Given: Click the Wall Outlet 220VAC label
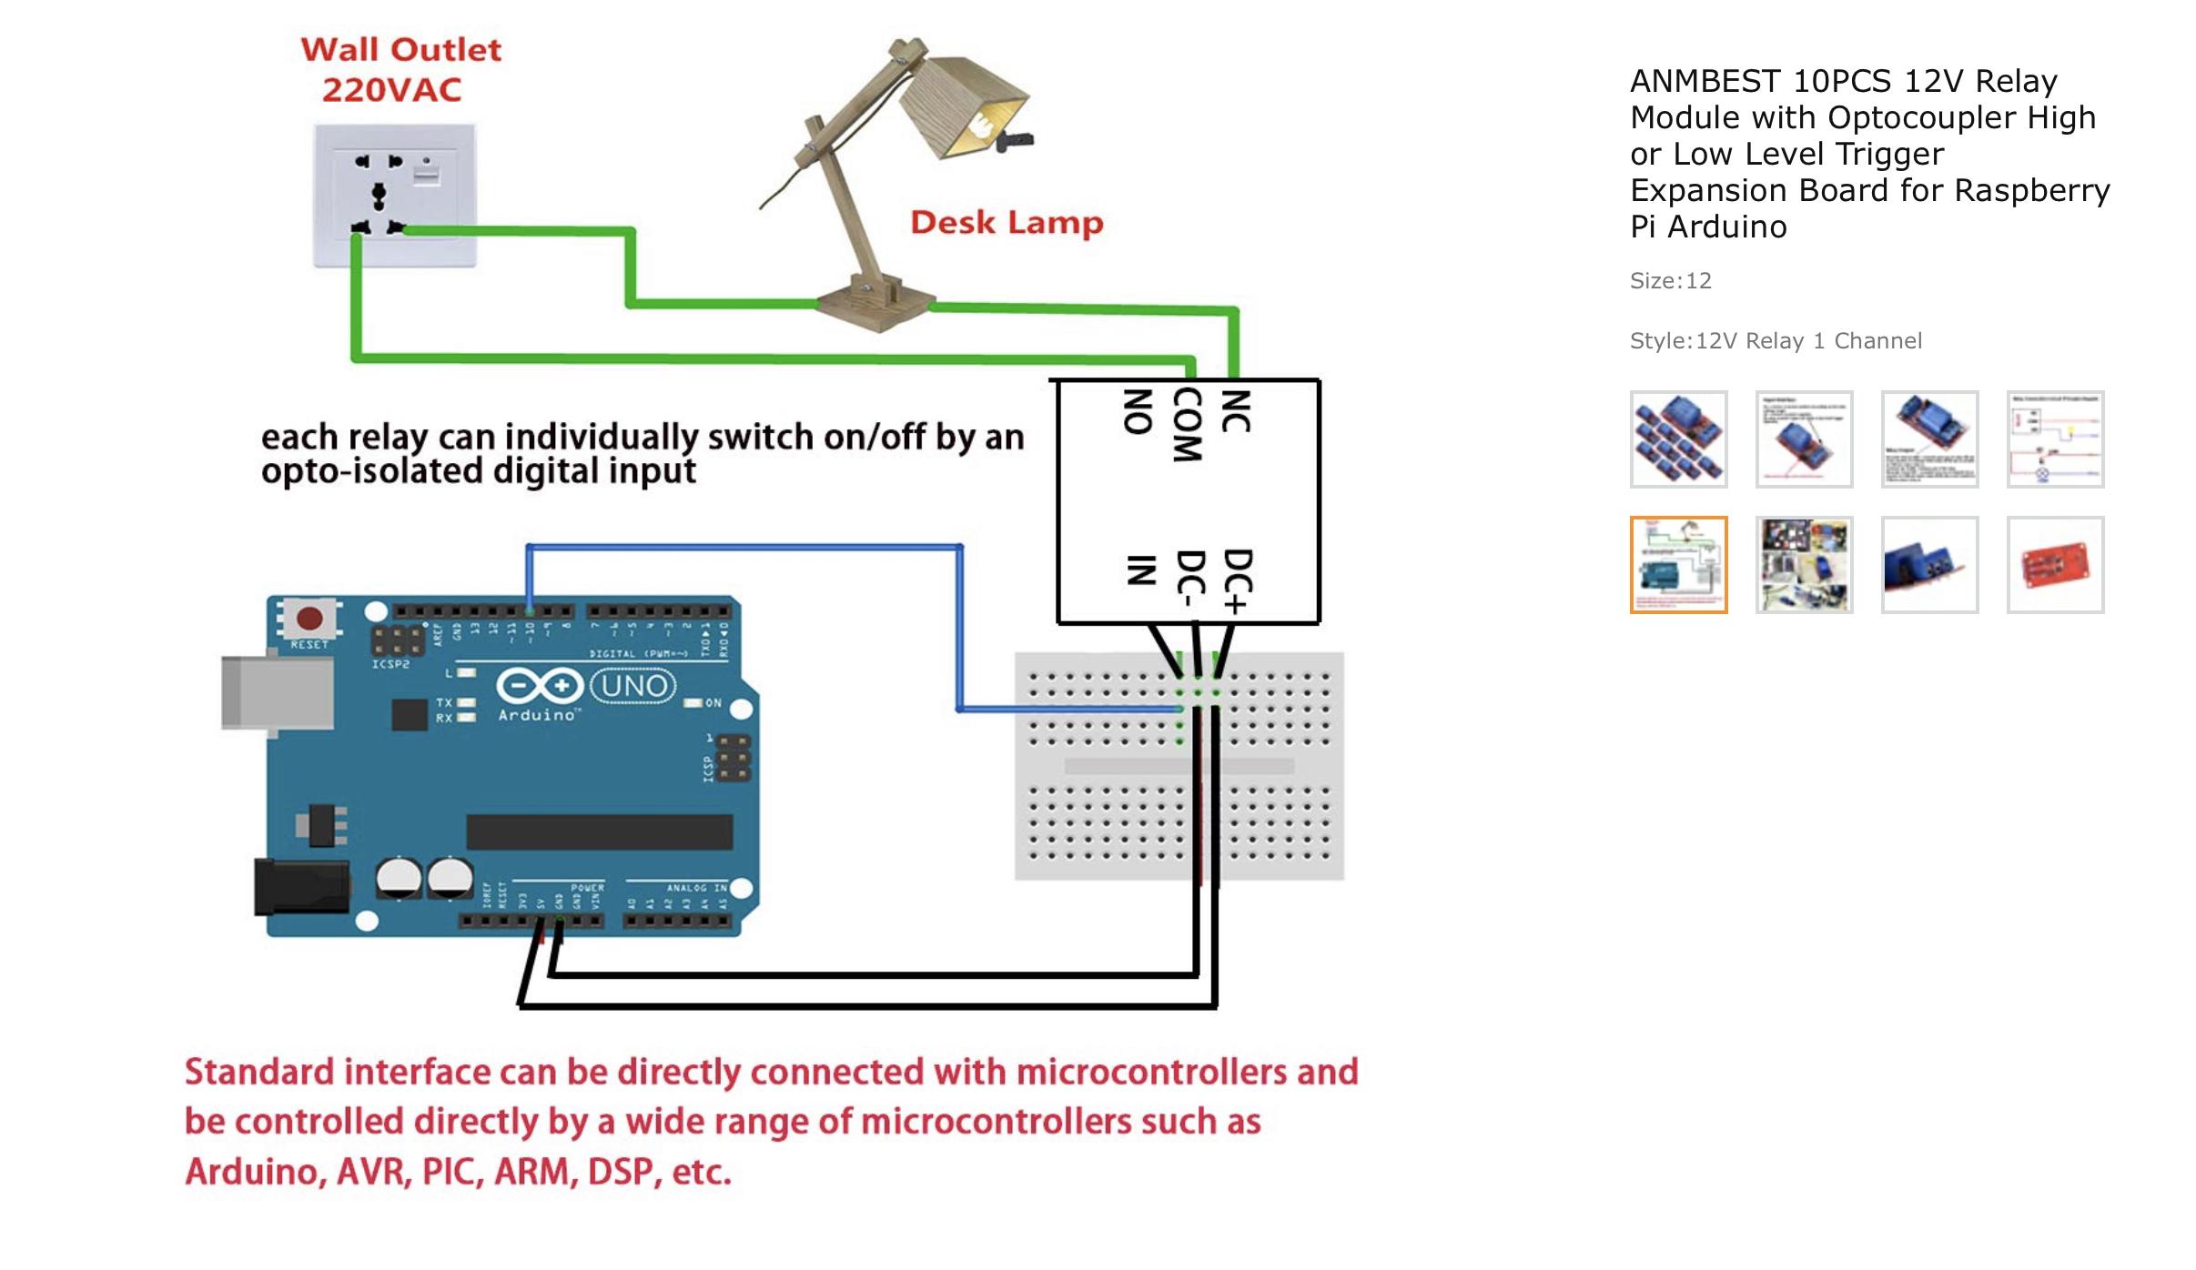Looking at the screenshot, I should click(400, 69).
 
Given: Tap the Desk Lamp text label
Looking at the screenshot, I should click(1007, 223).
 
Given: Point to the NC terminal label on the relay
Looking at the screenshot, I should click(1235, 411).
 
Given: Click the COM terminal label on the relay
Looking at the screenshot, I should click(1187, 424).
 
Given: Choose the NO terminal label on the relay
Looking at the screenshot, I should click(1138, 411).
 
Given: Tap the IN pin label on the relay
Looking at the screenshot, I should click(1141, 570).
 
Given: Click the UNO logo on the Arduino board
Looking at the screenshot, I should click(633, 685).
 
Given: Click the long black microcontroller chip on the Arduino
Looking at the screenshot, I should click(599, 832).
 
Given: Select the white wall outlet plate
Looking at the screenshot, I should click(395, 196).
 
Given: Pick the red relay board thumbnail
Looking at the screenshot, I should click(2055, 565).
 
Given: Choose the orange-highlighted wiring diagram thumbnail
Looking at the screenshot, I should click(1678, 565).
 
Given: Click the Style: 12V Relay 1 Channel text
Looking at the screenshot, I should click(1775, 341).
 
